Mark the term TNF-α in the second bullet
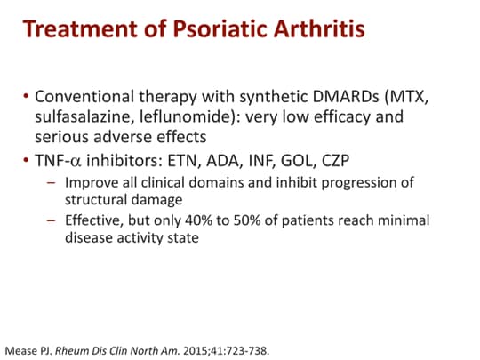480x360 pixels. pyautogui.click(x=60, y=161)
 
